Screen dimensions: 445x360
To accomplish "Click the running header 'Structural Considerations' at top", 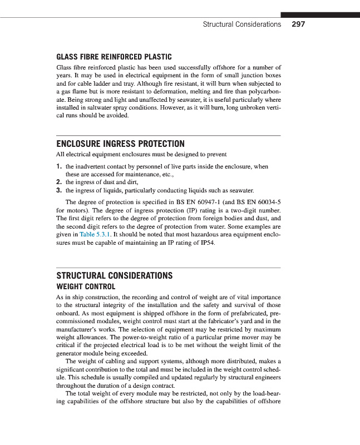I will [241, 24].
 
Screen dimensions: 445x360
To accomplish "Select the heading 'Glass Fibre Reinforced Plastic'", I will [114, 57].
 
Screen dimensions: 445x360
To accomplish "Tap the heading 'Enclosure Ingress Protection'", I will [121, 144].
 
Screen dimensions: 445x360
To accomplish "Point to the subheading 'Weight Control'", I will [86, 286].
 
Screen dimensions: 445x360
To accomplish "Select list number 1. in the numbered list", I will [59, 166].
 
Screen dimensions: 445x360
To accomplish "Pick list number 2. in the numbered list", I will [59, 182].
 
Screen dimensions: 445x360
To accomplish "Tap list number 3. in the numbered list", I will [59, 190].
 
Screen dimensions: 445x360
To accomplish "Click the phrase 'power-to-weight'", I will [142, 337].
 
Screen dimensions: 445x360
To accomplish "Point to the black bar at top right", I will [319, 14].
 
